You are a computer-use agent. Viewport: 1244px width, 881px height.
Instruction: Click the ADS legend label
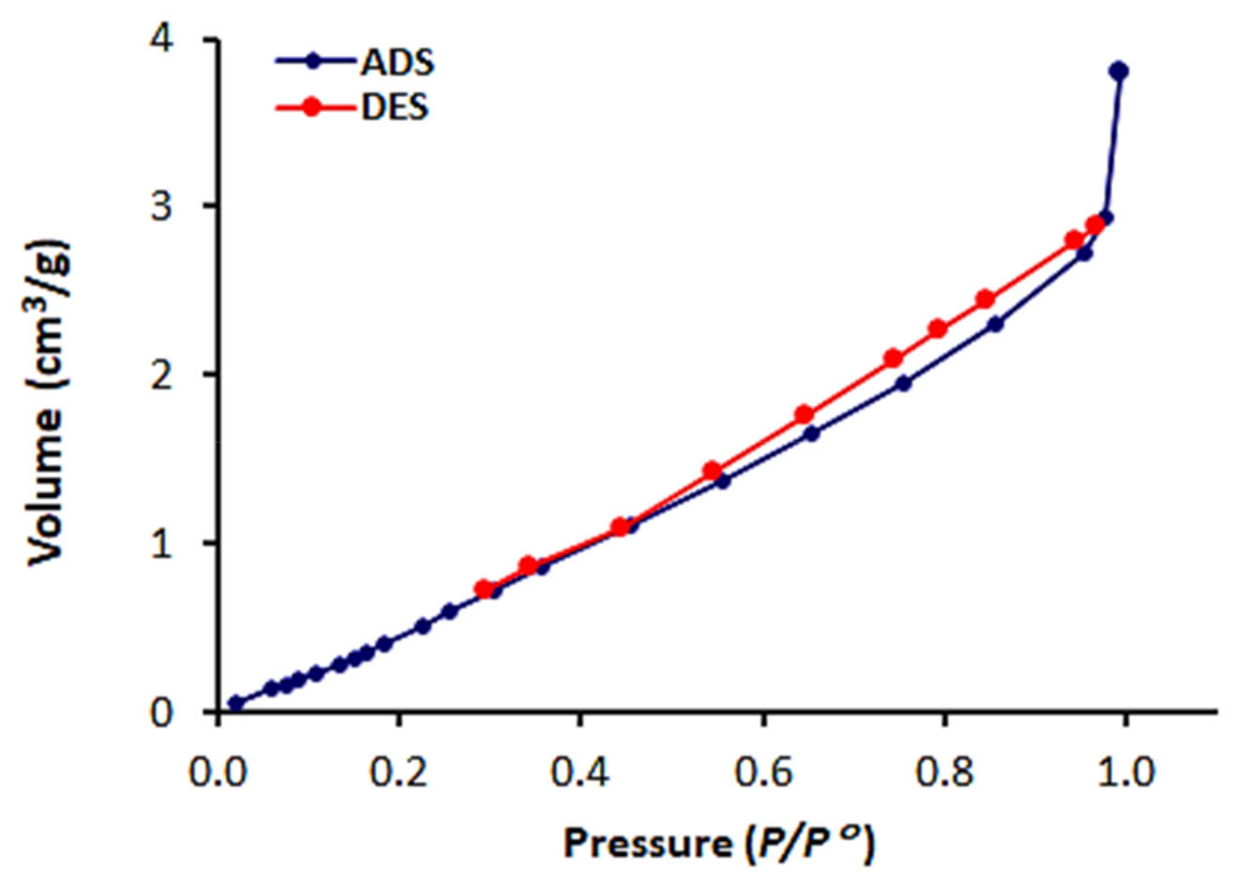pyautogui.click(x=397, y=63)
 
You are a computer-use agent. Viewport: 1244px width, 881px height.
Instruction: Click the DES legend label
pyautogui.click(x=394, y=108)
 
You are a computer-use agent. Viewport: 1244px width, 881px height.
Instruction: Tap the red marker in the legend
pyautogui.click(x=312, y=108)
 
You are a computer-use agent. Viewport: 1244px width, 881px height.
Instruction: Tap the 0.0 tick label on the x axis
pyautogui.click(x=218, y=772)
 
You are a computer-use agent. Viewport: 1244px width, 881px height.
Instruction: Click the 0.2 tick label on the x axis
pyautogui.click(x=399, y=772)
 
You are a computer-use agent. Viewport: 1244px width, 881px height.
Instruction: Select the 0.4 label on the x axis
pyautogui.click(x=580, y=772)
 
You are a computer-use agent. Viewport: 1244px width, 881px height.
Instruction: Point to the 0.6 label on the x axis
pyautogui.click(x=762, y=772)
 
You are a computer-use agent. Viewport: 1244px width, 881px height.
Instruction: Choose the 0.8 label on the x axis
pyautogui.click(x=944, y=772)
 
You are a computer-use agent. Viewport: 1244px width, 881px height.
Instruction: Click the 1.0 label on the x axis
pyautogui.click(x=1125, y=772)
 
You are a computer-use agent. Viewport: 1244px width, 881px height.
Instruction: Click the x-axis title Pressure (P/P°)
pyautogui.click(x=720, y=843)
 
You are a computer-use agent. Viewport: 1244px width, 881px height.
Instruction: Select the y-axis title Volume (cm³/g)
pyautogui.click(x=48, y=403)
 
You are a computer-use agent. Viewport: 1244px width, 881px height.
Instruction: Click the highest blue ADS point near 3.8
pyautogui.click(x=1119, y=71)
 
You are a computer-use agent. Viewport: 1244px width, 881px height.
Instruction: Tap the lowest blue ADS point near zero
pyautogui.click(x=236, y=703)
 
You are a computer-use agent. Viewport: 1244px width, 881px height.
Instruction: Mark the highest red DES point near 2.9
pyautogui.click(x=1096, y=225)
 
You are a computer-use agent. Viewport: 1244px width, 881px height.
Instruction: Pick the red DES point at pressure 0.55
pyautogui.click(x=712, y=471)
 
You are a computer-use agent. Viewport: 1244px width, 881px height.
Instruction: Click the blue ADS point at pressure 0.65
pyautogui.click(x=811, y=433)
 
